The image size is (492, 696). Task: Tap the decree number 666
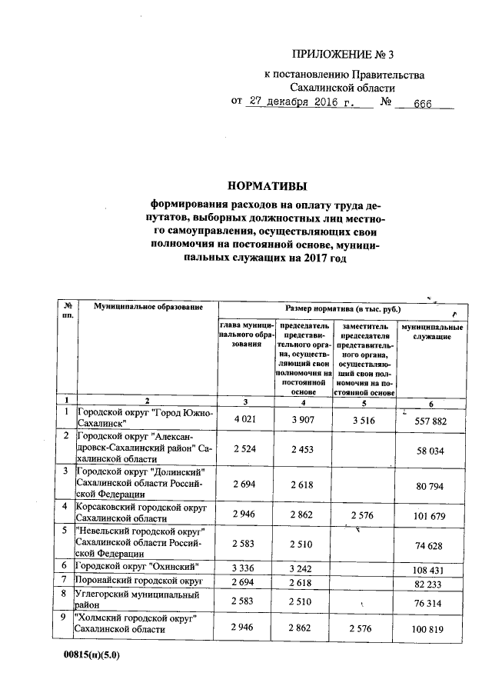(x=424, y=102)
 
